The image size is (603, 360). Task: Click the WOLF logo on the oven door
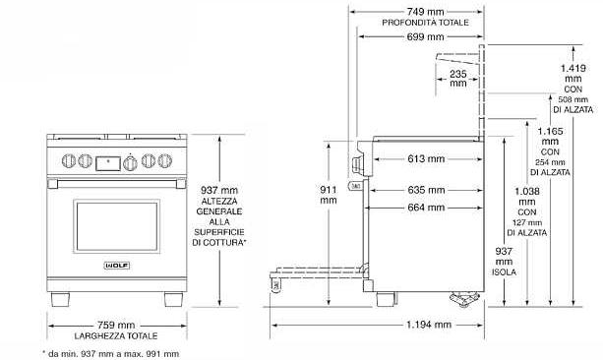[117, 266]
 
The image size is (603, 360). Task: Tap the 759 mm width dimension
[116, 325]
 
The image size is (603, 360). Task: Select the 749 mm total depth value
[425, 12]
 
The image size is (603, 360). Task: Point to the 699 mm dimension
[425, 37]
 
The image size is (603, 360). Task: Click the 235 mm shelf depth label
[458, 78]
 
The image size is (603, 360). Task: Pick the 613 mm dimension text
[426, 158]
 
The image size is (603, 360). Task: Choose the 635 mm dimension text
[426, 190]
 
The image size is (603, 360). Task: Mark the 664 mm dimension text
[426, 208]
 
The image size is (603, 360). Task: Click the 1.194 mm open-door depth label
[429, 325]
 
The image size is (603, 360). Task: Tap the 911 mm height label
[329, 195]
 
